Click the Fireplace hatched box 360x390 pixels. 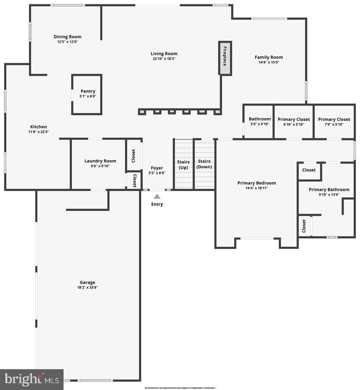tap(225, 58)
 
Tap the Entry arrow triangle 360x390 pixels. tap(157, 196)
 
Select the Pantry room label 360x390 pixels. tap(88, 91)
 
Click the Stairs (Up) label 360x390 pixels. tap(183, 165)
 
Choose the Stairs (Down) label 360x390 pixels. tap(204, 164)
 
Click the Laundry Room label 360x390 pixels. tap(100, 161)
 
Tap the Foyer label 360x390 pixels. tap(157, 168)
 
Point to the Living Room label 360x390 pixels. tap(164, 54)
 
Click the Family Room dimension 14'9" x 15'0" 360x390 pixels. tap(269, 62)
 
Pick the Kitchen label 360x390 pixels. tap(38, 127)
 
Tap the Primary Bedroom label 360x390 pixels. tap(257, 183)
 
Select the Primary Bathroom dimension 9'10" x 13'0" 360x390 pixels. tap(329, 195)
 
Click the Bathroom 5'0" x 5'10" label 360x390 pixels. tap(260, 119)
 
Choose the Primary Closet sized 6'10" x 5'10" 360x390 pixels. tap(293, 120)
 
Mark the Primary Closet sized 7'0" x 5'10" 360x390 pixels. tap(334, 120)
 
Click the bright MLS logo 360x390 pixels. tap(32, 379)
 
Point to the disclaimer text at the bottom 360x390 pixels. tap(180, 388)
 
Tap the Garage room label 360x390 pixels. tap(87, 282)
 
